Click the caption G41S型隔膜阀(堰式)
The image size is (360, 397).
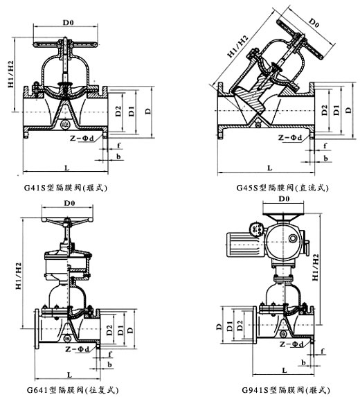[66, 188]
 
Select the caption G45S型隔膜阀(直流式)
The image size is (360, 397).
[282, 188]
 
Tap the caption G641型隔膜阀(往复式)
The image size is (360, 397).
[73, 390]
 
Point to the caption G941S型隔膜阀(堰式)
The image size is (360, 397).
[286, 390]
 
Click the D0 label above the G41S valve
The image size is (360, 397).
[69, 23]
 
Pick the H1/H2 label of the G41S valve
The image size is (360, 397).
[11, 74]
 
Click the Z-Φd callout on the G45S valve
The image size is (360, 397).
[290, 137]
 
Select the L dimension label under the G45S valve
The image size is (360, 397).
[270, 168]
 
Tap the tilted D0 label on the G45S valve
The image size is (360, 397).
[314, 23]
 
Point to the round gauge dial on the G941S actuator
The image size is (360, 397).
[255, 229]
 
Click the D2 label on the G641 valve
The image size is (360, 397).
[109, 330]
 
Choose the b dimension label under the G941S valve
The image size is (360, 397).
[303, 362]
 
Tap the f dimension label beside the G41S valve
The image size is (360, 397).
[118, 145]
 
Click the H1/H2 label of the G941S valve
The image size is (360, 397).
[315, 267]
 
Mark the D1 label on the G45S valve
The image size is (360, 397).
[336, 110]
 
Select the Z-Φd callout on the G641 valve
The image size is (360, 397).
[78, 349]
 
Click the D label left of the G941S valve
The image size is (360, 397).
[219, 327]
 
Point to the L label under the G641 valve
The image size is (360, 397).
[69, 375]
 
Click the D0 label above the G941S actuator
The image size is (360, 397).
[284, 199]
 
